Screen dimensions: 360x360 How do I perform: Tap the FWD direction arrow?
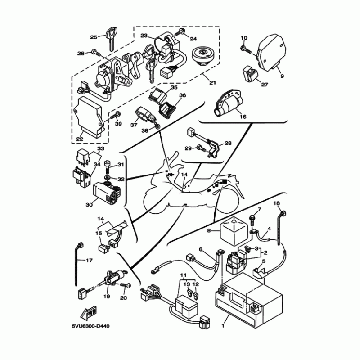pos(89,313)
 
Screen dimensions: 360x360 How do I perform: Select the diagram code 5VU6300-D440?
pos(91,326)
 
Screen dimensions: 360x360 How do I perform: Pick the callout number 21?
pos(212,82)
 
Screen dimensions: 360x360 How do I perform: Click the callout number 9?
pos(282,76)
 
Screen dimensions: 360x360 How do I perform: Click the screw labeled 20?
pos(126,285)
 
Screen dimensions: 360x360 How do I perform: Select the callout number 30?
pos(89,204)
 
